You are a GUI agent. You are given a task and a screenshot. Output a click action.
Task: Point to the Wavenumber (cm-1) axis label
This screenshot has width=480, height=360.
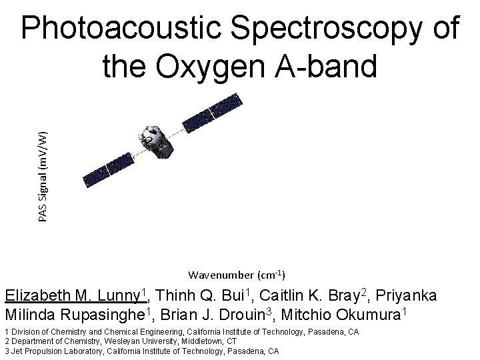237,275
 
